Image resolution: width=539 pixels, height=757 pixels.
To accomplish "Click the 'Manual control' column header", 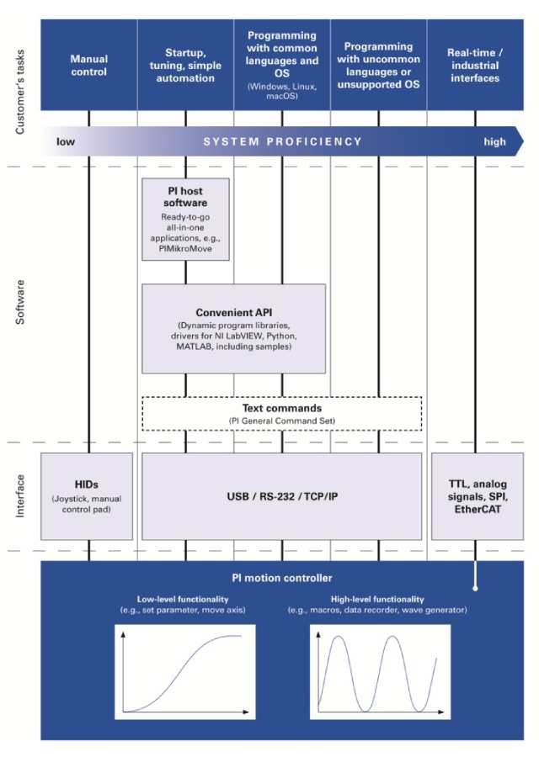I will tap(88, 66).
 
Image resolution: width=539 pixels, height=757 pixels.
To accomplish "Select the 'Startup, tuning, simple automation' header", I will tap(185, 66).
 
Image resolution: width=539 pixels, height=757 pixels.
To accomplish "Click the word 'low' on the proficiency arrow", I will tap(66, 141).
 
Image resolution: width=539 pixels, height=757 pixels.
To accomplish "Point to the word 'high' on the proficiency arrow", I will tap(494, 141).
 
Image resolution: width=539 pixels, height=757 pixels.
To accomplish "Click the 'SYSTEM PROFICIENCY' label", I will tap(282, 141).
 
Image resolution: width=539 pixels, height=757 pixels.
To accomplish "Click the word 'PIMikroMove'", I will tap(185, 250).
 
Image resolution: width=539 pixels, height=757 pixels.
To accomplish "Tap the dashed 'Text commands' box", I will tap(281, 412).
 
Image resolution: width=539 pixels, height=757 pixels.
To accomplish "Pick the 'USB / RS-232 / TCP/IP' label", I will tap(281, 496).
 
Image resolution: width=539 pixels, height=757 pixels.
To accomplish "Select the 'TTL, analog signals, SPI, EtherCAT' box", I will tap(473, 496).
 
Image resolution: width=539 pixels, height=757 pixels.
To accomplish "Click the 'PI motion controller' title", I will tap(281, 578).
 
